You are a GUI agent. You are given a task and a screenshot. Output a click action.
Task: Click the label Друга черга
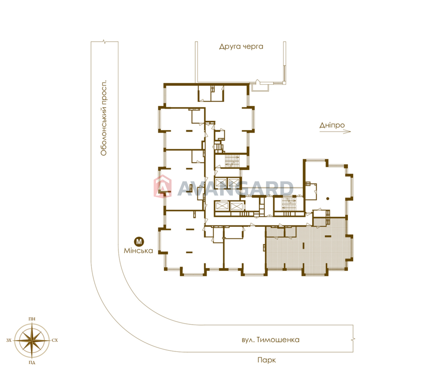coord(241,47)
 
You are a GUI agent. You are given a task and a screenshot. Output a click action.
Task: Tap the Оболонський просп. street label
coord(104,118)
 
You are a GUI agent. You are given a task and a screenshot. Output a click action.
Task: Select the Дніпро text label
coord(332,125)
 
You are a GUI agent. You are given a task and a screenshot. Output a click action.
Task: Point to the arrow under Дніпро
coord(335,132)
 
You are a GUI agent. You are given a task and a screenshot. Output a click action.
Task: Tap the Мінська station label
coord(139,251)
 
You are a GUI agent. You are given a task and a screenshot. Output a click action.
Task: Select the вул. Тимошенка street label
coord(270,340)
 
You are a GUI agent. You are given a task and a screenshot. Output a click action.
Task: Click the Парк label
coord(267,360)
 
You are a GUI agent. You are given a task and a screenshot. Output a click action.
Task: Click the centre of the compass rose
coord(32,340)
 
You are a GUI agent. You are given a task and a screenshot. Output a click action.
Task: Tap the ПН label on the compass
coord(32,319)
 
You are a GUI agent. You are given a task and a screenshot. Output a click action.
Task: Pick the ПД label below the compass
coord(32,363)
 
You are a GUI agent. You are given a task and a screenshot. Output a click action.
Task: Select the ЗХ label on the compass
coord(9,340)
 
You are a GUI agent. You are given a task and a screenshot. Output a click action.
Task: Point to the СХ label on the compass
coord(55,340)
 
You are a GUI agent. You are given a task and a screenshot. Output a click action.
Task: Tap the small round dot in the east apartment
coord(328,199)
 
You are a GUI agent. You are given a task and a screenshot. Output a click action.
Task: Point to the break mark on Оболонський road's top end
coord(104,42)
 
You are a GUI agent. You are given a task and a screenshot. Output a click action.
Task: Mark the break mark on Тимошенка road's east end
coord(353,340)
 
